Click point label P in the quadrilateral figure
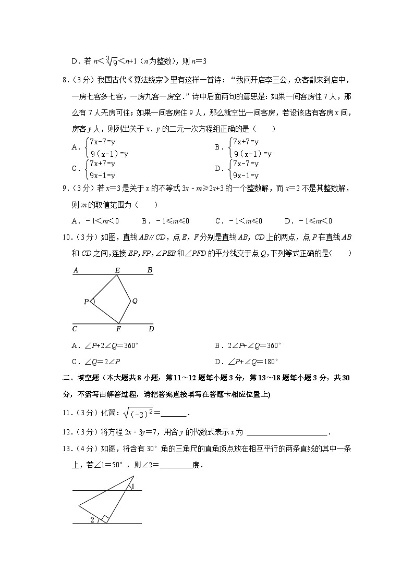(x=86, y=302)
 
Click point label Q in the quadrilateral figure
(x=135, y=301)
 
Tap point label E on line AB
(x=117, y=270)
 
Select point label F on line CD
(x=118, y=329)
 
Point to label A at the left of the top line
(x=76, y=270)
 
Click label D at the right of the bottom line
(x=151, y=329)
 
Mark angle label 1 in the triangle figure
(x=133, y=487)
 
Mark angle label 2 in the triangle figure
(x=92, y=519)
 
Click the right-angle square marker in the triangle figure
(x=105, y=518)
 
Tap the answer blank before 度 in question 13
(x=176, y=465)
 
